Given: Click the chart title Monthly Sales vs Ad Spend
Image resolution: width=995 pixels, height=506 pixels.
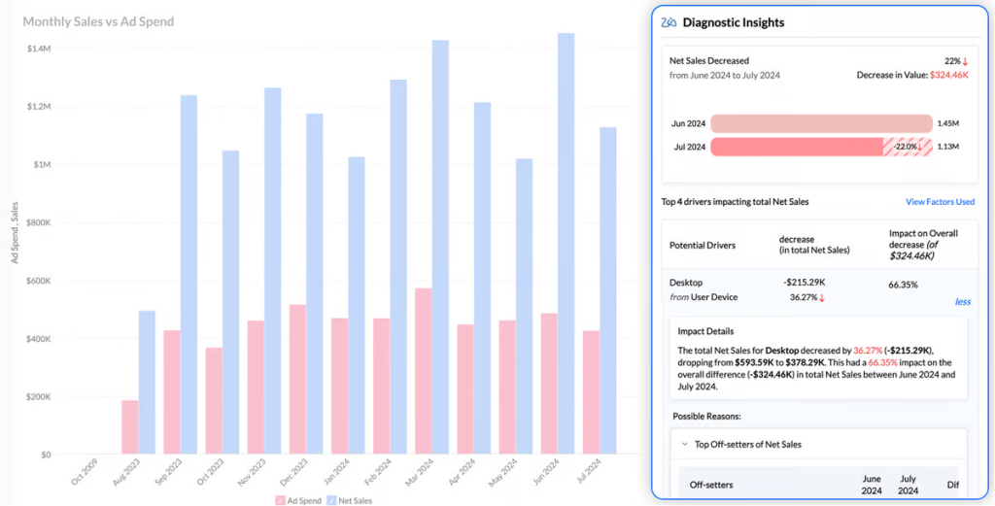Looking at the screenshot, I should point(98,21).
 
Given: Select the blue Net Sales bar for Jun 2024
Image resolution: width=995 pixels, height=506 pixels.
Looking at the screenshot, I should point(566,243).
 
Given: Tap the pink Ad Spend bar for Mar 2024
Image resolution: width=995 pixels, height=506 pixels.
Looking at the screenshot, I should point(423,371).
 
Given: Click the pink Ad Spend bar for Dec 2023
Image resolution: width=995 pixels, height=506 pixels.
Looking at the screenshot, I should point(297,380).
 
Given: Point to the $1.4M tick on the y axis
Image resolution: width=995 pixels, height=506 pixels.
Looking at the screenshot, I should point(40,49).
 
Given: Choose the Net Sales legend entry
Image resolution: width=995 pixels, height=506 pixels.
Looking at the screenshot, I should point(352,500).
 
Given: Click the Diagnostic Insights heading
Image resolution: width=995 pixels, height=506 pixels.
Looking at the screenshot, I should point(734,22).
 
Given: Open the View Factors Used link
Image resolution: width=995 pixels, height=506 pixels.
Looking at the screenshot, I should point(940,202).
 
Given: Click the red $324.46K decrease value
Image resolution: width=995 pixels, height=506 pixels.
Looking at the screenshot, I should point(951,75).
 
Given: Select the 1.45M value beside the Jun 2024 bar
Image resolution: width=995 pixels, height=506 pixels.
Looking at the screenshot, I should point(948,123).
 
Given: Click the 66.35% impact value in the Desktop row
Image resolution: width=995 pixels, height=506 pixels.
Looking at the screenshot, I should point(905,286).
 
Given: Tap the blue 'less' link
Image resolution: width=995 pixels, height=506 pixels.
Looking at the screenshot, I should point(962,302).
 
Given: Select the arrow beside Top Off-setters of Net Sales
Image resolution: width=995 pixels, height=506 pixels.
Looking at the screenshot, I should point(685,444).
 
